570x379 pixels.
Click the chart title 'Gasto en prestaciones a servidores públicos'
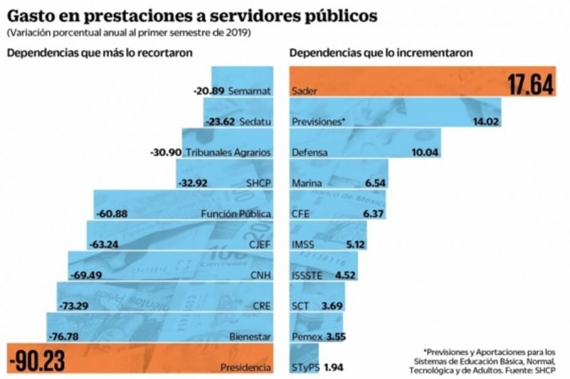[x=191, y=15]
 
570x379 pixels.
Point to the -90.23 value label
[x=37, y=361]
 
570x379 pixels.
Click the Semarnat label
[x=249, y=92]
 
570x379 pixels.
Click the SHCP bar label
[x=259, y=183]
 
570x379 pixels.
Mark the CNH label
[x=260, y=275]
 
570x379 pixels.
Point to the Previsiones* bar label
[x=319, y=122]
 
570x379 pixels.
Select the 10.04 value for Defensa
[x=426, y=152]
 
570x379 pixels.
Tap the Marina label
[x=307, y=183]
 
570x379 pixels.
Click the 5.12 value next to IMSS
[x=355, y=245]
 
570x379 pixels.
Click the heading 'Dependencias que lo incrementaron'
[x=381, y=53]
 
